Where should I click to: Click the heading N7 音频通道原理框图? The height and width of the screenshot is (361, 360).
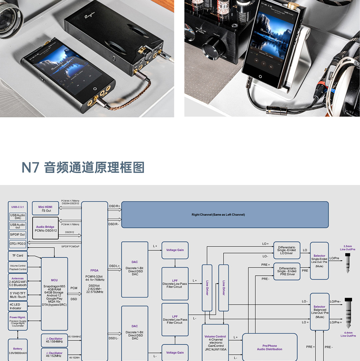83,167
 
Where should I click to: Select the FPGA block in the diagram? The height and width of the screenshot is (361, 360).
94,280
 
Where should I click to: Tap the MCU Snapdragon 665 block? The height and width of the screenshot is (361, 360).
54,293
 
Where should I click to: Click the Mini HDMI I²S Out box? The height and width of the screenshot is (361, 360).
45,209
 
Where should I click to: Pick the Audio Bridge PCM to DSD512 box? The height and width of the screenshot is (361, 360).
45,228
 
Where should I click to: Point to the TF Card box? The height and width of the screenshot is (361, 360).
18,256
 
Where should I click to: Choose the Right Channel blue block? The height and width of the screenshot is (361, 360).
225,215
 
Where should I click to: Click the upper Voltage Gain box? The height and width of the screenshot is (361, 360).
175,250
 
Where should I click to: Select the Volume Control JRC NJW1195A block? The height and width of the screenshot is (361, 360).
215,343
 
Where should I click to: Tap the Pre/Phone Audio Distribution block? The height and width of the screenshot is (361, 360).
269,347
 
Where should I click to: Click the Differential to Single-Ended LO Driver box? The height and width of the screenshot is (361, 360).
287,250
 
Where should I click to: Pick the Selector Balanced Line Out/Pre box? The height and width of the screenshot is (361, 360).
319,312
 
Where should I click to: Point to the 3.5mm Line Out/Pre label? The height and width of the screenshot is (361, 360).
347,248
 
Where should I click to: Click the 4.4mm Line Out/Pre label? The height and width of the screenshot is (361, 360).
348,334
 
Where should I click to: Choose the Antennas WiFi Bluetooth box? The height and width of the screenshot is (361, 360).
18,282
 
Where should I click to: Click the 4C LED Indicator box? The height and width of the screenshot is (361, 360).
18,306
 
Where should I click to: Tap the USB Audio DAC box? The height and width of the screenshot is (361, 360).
18,216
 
